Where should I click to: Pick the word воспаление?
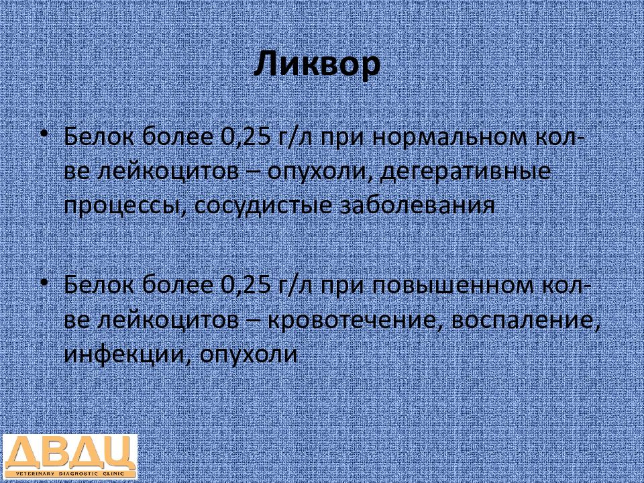coord(523,321)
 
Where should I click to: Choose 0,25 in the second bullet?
coord(245,286)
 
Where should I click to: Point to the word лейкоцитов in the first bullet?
coord(168,172)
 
